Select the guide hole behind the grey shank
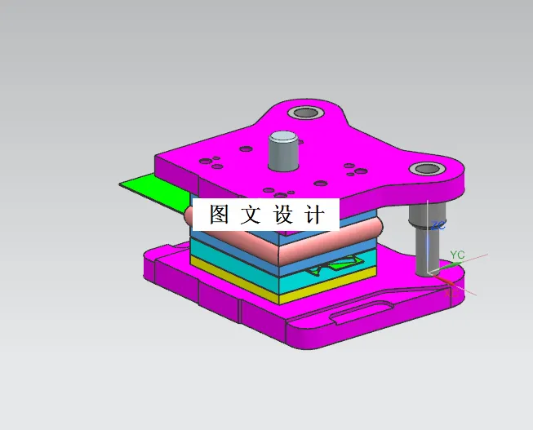tap(307, 113)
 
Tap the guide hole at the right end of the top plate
tap(425, 170)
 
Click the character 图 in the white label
tap(220, 215)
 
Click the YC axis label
tap(457, 255)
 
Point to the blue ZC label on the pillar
tap(438, 224)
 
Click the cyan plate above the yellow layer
tap(245, 266)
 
